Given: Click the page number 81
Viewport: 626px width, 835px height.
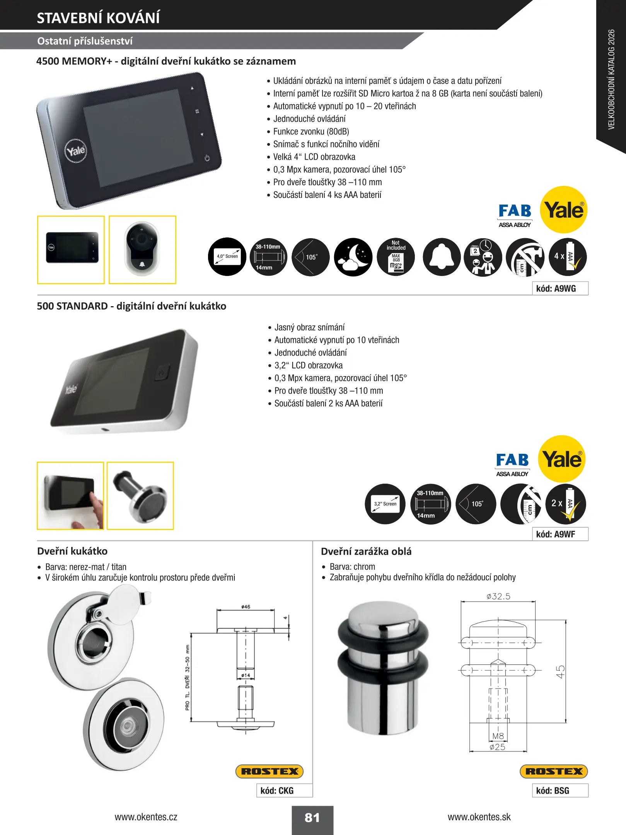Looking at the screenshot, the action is [x=312, y=818].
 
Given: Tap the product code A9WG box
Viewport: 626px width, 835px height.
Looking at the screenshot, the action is [x=560, y=288].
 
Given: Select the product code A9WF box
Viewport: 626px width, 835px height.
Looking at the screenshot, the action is [x=560, y=534].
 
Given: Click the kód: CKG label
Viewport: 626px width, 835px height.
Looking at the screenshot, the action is [x=277, y=791].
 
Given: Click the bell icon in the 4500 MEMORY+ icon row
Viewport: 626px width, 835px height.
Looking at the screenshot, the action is [x=442, y=257].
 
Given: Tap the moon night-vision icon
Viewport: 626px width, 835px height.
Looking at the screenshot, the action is [x=353, y=257].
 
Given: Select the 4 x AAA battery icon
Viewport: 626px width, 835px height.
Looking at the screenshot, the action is [x=568, y=257].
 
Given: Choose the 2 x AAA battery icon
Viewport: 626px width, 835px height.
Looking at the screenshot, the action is [x=566, y=504].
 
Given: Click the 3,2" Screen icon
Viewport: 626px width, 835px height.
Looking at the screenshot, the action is [x=385, y=504].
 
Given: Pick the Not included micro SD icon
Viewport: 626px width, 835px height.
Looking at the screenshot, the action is [x=396, y=257].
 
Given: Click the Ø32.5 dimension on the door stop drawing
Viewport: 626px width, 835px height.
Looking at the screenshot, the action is [x=498, y=596].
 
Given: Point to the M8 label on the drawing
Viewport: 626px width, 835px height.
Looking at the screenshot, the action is [x=498, y=736].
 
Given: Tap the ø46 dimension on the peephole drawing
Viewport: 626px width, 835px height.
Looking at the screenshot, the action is [x=246, y=607].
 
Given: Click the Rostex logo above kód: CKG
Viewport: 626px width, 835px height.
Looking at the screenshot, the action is [x=270, y=771].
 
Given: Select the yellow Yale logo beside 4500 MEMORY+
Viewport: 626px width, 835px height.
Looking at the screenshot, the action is [x=564, y=210].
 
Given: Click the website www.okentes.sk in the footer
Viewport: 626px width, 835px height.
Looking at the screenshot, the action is [x=479, y=817].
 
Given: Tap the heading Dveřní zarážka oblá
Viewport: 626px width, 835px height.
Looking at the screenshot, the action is [x=366, y=551].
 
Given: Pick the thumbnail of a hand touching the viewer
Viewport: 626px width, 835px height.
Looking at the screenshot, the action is [x=70, y=496].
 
